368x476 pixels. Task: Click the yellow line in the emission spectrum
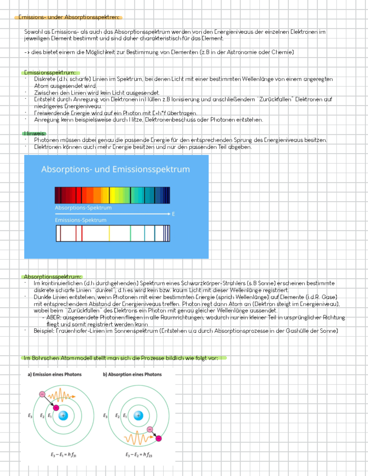109,233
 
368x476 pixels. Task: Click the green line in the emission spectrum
130,233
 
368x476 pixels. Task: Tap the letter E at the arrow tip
174,214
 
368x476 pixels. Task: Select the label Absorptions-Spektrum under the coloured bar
83,208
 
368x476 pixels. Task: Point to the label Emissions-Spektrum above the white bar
81,220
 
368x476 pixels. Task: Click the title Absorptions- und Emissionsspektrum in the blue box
115,169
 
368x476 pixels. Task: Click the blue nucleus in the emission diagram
63,416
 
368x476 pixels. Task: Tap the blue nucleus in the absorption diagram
138,416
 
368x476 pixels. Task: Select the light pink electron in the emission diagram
42,394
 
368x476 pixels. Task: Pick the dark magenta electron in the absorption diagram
159,438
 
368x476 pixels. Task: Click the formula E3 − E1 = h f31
63,455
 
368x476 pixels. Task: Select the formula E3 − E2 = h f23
139,455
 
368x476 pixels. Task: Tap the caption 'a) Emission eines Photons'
55,374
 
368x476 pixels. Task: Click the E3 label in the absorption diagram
105,416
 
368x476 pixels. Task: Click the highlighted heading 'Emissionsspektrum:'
50,73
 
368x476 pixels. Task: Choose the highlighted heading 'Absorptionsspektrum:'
53,277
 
